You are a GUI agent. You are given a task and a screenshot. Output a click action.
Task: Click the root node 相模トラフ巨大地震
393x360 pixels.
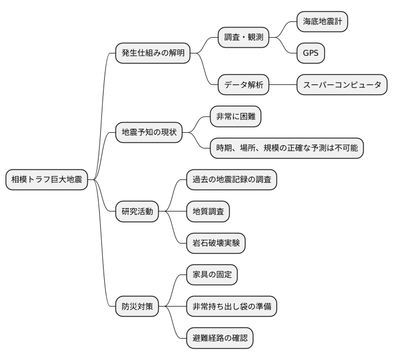pos(47,180)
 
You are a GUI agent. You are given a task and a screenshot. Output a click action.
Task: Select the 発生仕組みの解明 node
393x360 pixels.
pos(153,53)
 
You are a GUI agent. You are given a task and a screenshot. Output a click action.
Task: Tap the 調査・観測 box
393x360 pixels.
pos(243,38)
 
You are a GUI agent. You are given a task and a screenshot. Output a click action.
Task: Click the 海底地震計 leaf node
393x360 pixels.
pos(323,22)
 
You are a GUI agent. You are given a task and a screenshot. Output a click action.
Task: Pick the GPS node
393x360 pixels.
pos(311,53)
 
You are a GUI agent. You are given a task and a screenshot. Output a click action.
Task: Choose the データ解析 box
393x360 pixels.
pos(243,85)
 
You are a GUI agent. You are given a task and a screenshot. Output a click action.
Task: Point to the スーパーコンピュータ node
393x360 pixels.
pos(341,85)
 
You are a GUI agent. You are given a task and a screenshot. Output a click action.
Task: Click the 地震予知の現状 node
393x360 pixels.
pos(149,133)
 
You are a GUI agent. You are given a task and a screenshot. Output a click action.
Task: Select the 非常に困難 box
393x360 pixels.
pos(235,117)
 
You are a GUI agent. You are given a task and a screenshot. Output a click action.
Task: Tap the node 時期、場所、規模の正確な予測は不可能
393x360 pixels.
pos(287,148)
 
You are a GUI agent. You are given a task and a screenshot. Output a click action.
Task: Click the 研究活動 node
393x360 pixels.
pos(137,212)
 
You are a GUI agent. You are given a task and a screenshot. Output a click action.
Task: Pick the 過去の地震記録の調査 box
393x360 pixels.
pos(231,180)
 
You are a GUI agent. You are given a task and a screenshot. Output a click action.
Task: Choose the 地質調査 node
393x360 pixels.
pos(208,212)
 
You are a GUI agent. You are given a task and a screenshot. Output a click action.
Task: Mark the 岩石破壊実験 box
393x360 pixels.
pos(216,244)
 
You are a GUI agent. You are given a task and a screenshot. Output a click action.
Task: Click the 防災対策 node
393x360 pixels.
pos(137,307)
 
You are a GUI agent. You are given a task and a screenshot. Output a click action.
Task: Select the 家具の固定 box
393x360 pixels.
pos(212,276)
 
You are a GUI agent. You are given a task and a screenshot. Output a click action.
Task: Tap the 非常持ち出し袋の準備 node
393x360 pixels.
pos(231,307)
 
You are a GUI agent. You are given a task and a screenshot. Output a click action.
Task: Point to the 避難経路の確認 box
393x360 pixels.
pos(220,339)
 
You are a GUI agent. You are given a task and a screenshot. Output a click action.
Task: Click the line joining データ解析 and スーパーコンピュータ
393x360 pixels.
pos(283,85)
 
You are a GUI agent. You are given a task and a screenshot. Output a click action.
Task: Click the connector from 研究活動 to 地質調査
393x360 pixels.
pos(173,212)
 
